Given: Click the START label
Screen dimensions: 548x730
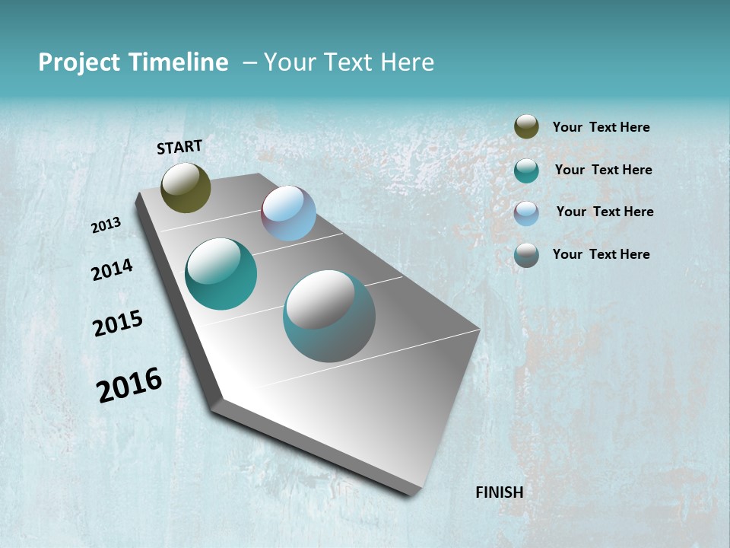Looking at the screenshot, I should coord(179,147).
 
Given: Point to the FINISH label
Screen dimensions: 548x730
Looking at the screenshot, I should coord(499,492).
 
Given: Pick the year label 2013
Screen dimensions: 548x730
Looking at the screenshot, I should coord(106,225).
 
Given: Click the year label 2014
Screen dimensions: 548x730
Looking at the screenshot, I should coord(112,269).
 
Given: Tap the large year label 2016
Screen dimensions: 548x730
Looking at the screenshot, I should coord(129,385).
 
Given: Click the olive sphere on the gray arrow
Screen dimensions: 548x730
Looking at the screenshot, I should coord(186,187).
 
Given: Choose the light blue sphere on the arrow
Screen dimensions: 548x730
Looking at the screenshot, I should coord(288,213).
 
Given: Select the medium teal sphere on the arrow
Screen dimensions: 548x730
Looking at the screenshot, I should coord(221,274).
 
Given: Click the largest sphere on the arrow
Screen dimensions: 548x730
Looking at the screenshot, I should coord(329,316).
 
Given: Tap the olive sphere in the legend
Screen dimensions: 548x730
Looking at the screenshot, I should coord(526,126).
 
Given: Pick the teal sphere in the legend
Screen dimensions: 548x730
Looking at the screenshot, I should coord(526,170).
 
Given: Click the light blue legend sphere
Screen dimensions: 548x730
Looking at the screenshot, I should coord(526,213).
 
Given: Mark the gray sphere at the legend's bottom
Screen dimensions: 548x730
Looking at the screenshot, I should coord(526,255).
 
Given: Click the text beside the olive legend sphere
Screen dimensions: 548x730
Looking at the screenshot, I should coord(601,128).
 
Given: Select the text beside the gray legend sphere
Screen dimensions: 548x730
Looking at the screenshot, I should coord(601,254).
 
